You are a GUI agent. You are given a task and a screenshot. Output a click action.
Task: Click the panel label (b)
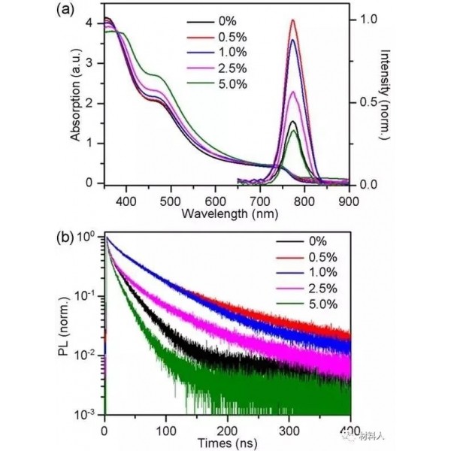[65, 238]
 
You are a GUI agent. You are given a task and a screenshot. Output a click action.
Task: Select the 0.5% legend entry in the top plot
[217, 37]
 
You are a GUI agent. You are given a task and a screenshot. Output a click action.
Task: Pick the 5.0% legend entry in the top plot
[217, 84]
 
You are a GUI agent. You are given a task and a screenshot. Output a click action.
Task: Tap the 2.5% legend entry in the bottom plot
[307, 289]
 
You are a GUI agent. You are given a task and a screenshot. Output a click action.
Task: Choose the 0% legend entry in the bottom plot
[301, 241]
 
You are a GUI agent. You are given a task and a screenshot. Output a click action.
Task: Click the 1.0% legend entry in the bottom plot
[307, 272]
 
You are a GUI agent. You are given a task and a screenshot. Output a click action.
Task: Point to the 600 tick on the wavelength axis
[216, 201]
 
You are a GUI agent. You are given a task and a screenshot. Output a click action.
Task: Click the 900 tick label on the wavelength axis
[349, 201]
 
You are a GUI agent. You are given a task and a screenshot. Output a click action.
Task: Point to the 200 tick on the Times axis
[228, 431]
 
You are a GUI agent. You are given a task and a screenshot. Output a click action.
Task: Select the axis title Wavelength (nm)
[230, 214]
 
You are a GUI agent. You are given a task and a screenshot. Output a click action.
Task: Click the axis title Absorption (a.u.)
[76, 95]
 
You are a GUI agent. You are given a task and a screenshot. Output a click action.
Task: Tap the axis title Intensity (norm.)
[385, 95]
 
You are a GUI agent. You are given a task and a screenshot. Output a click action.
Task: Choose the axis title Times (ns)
[227, 443]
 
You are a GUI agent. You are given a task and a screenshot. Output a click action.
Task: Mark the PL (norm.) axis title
[64, 326]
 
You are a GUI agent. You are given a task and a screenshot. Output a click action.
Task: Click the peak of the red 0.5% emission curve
[293, 20]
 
